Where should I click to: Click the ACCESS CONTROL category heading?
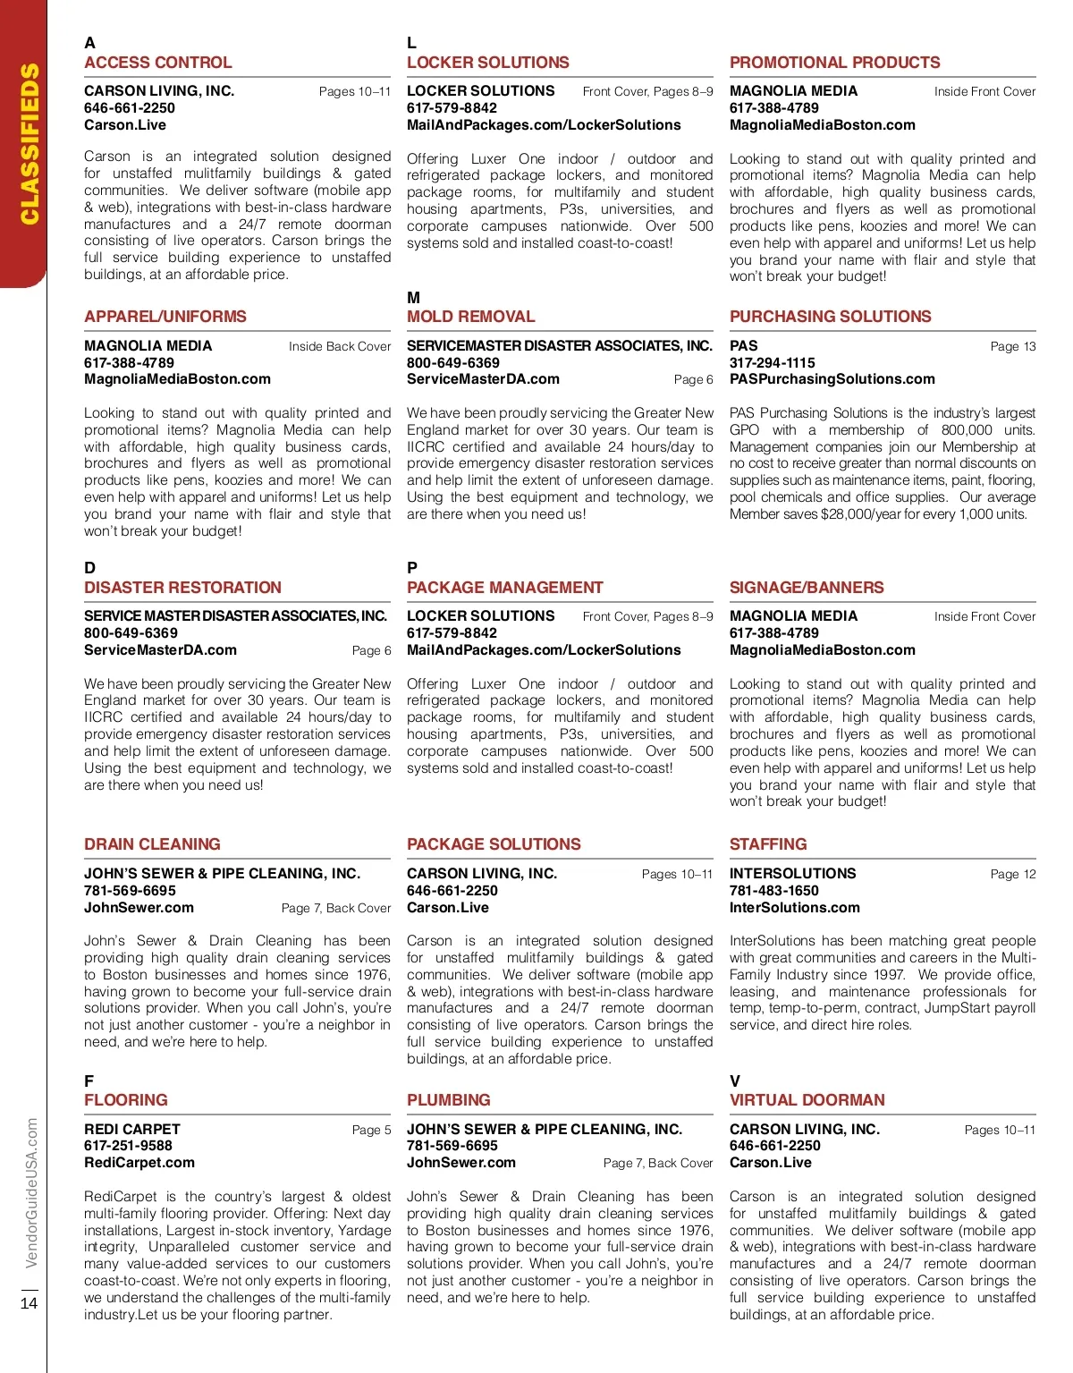tap(157, 63)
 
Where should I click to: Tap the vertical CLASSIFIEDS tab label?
tap(30, 143)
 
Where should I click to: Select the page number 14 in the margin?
tap(29, 1302)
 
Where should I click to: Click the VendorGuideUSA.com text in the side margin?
tap(32, 1192)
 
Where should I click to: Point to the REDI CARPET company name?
tap(132, 1129)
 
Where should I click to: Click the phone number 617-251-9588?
tap(128, 1146)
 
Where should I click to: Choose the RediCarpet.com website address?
tap(139, 1163)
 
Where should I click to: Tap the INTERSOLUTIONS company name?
tap(792, 873)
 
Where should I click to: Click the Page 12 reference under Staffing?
tap(1012, 874)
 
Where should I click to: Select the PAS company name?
tap(743, 345)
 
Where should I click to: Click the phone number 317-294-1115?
tap(772, 362)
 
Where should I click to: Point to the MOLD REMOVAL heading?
tap(470, 317)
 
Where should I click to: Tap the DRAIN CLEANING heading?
tap(152, 844)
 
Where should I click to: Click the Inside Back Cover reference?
tap(339, 346)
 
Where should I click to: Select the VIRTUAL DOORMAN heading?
tap(807, 1100)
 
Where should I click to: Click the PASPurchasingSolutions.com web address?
tap(832, 379)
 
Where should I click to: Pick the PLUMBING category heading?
tap(448, 1100)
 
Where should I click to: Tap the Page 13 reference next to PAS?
tap(1012, 346)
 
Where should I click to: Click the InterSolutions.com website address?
tap(794, 907)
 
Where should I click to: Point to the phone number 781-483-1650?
tap(773, 890)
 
